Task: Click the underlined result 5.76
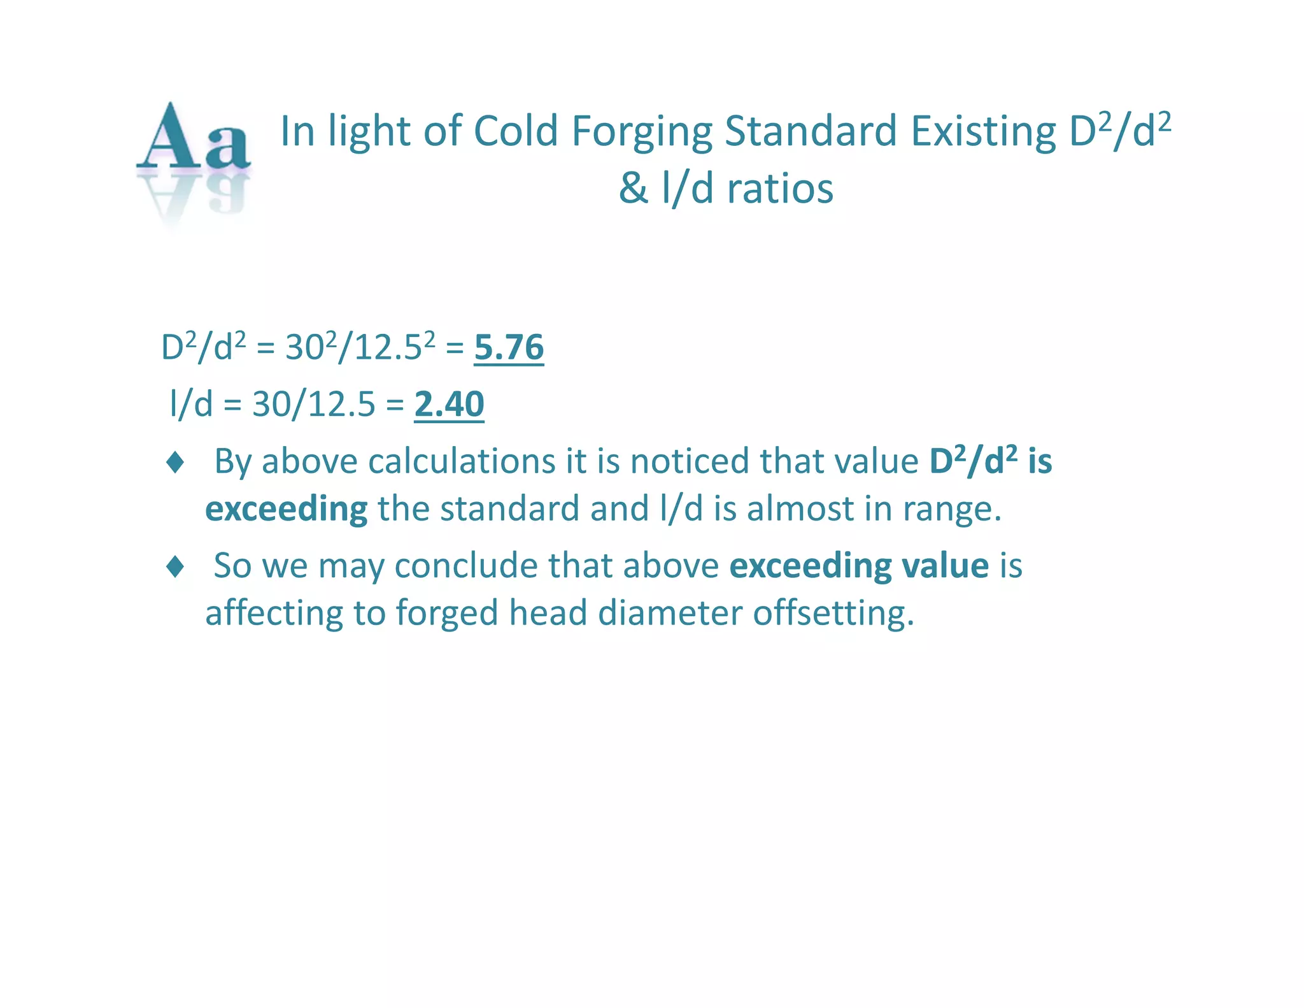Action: [509, 348]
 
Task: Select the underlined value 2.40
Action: [449, 404]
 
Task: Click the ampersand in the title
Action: [634, 189]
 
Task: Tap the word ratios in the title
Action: [780, 189]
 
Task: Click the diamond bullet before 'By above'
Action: [175, 462]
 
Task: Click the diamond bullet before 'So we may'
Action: [175, 566]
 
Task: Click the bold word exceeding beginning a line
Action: [286, 510]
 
